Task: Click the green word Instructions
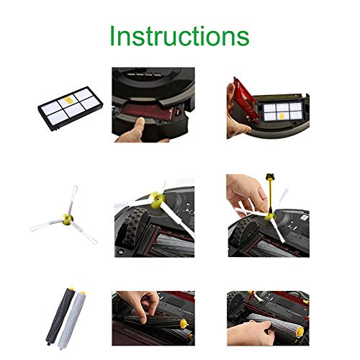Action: [179, 35]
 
